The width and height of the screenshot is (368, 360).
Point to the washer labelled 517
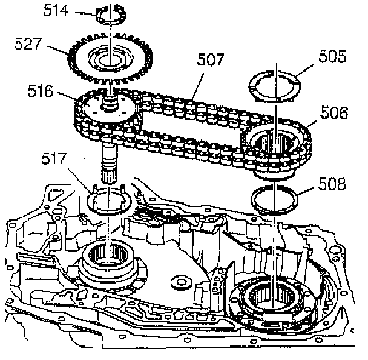[107, 201]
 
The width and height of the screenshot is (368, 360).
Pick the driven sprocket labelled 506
[275, 148]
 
